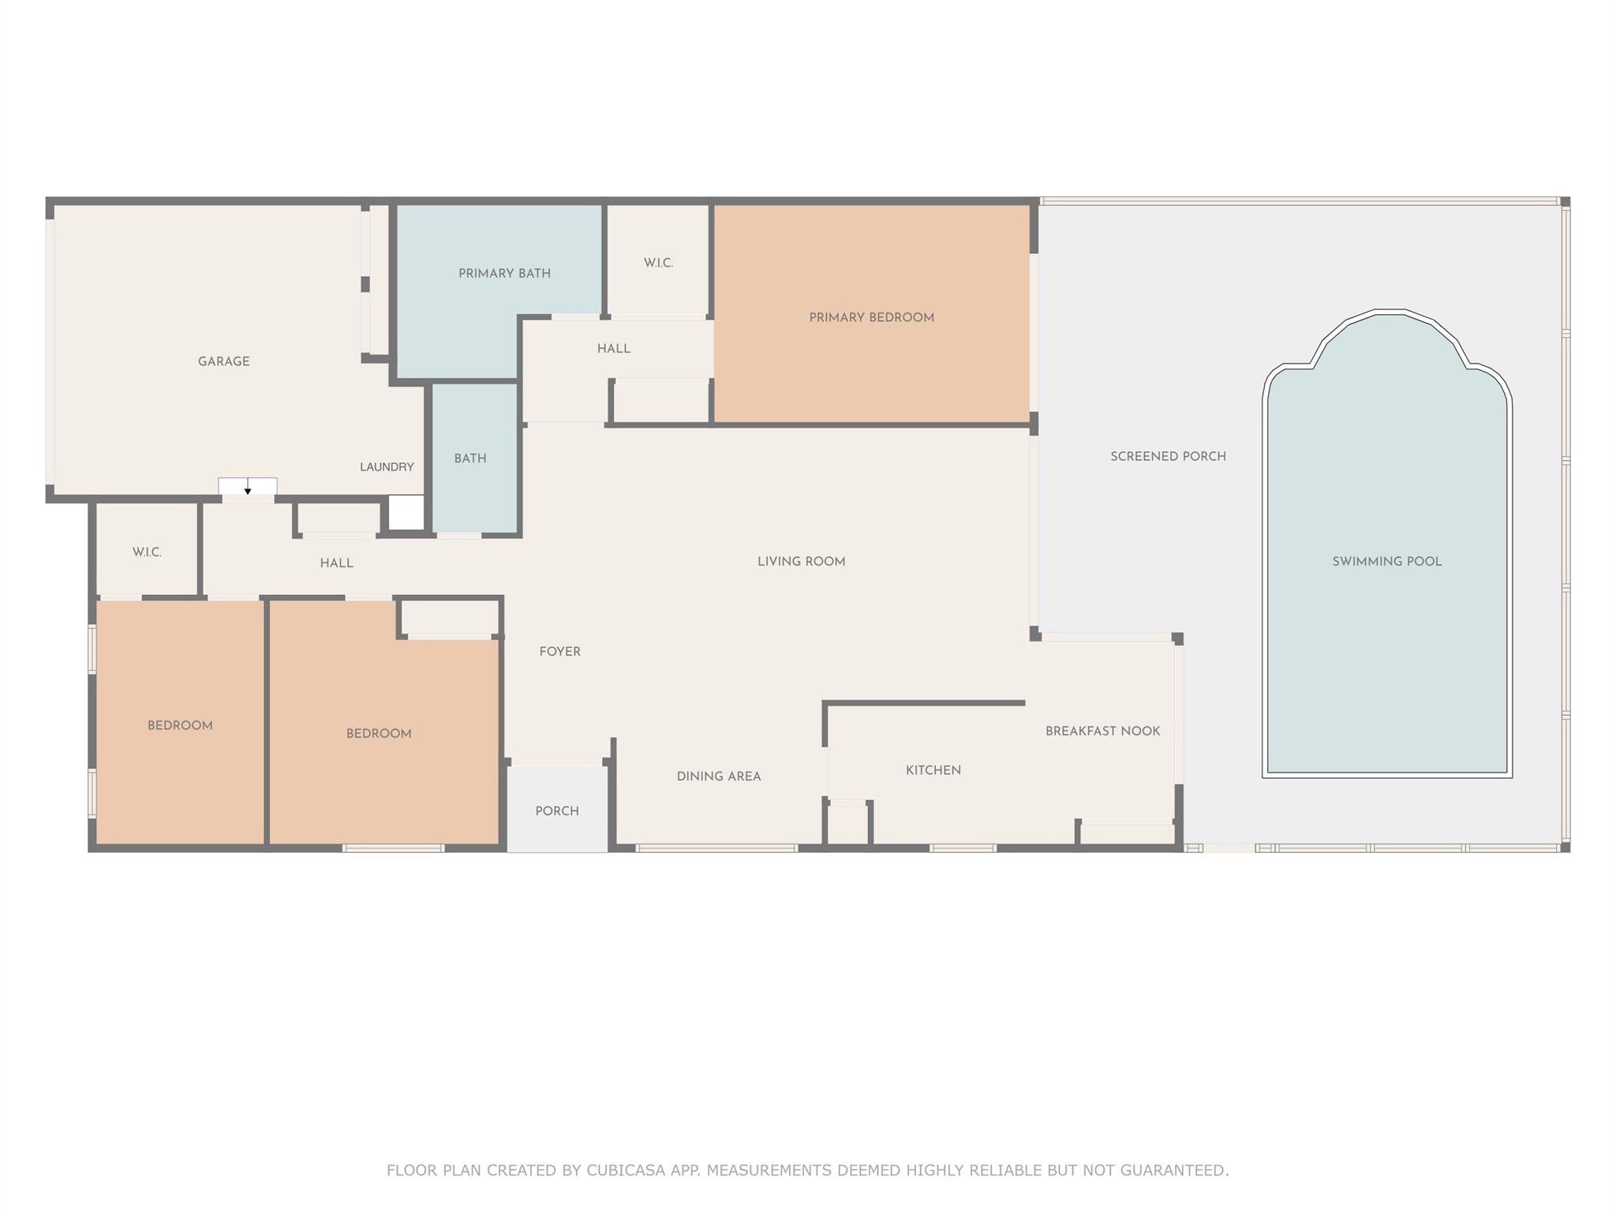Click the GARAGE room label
223,361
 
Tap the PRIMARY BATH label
504,274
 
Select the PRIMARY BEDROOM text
871,318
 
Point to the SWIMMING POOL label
1386,562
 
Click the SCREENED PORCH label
1168,456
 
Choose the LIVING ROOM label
801,562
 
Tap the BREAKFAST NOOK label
1102,731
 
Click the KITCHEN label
933,770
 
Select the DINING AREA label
718,776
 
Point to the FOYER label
559,652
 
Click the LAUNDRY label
387,467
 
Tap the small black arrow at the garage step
248,492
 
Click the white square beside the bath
407,513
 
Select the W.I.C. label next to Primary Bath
658,263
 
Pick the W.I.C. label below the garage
147,552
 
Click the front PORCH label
557,811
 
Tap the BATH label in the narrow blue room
470,458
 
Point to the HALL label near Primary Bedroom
613,349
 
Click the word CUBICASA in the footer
623,1170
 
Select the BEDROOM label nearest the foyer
379,734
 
